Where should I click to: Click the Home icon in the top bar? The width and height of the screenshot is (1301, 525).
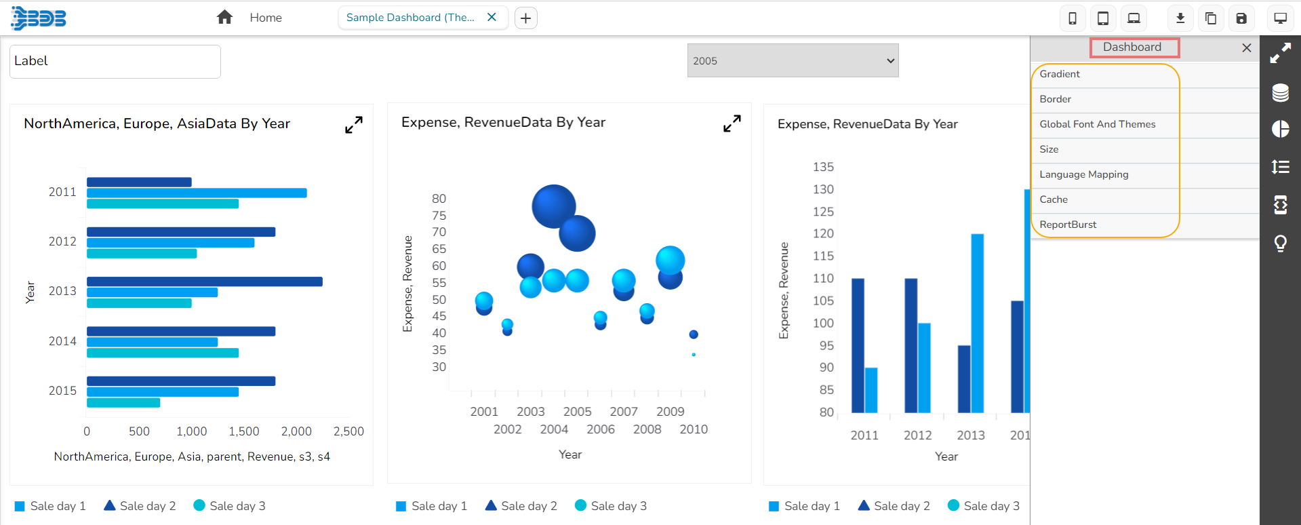[x=224, y=18]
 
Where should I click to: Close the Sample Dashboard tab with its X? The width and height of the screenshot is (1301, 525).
[x=492, y=18]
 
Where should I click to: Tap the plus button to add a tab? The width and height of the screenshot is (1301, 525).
[x=526, y=18]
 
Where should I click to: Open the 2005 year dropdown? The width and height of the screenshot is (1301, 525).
[x=793, y=60]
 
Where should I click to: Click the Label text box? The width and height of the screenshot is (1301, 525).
[x=115, y=61]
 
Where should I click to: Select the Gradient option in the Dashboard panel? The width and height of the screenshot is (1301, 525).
[x=1060, y=74]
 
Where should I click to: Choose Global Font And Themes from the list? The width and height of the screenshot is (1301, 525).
[x=1097, y=124]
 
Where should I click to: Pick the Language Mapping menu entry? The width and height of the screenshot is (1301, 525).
[x=1083, y=174]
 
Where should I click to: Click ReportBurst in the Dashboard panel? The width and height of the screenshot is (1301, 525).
[x=1068, y=225]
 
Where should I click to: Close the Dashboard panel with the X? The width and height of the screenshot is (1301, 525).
[x=1246, y=47]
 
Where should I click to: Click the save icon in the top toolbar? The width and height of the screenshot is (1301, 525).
[x=1241, y=18]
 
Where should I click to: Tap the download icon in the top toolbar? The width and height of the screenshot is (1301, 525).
[x=1180, y=18]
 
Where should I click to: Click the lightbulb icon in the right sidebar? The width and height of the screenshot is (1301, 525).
[x=1280, y=243]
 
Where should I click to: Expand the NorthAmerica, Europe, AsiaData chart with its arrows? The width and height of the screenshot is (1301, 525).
[x=354, y=125]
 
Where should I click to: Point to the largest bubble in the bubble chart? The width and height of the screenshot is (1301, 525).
[x=553, y=206]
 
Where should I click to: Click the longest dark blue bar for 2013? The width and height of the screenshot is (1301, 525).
[x=204, y=281]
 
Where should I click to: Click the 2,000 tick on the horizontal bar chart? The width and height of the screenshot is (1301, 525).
[x=296, y=431]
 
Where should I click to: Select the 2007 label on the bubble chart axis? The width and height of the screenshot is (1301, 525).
[x=623, y=412]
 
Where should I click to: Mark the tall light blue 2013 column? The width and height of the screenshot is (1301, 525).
[x=977, y=323]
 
